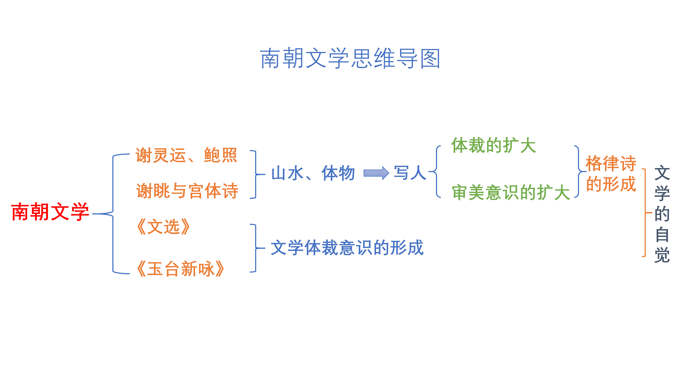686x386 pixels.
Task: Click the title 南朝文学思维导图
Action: tap(350, 58)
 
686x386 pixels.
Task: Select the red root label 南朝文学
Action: tap(50, 212)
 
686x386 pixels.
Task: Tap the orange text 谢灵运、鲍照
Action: tap(186, 155)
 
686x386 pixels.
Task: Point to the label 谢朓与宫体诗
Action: tap(187, 191)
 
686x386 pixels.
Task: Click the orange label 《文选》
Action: tap(163, 227)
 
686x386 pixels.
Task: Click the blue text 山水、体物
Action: tap(313, 173)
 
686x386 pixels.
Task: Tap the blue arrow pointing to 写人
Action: tap(376, 173)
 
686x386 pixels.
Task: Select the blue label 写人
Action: tap(410, 173)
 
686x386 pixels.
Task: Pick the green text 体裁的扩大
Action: tap(494, 145)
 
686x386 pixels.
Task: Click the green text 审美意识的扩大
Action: tap(511, 192)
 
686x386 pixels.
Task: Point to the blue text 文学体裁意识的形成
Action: tap(347, 248)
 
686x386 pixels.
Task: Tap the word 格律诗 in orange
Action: tap(611, 163)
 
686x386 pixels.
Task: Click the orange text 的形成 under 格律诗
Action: tap(611, 184)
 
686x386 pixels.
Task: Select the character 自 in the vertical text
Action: tap(662, 235)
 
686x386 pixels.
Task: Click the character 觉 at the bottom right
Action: tap(662, 255)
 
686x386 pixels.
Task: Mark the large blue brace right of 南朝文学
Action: tap(113, 214)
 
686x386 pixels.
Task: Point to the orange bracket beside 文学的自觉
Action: tap(645, 213)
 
